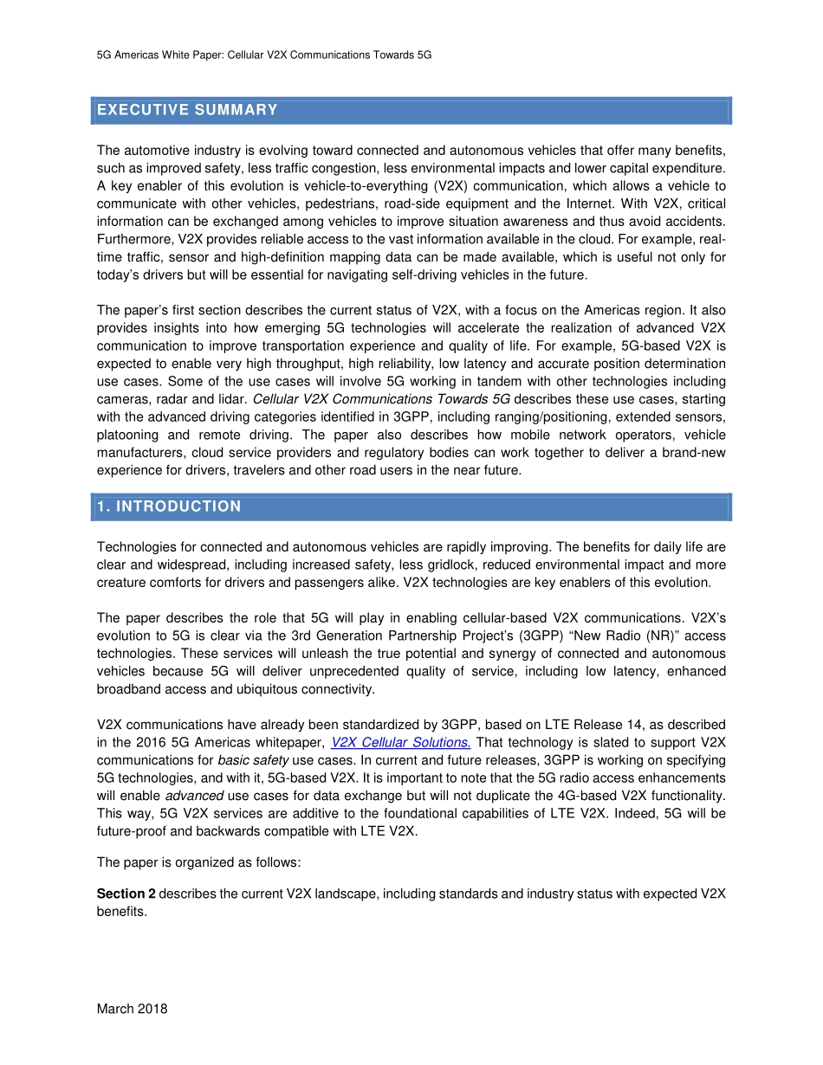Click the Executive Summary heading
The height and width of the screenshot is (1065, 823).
point(187,110)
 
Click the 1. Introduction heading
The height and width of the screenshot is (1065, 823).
point(169,507)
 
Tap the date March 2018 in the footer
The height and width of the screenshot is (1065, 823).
point(132,1009)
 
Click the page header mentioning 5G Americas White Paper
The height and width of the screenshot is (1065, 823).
point(264,55)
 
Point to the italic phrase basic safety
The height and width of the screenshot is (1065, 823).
point(241,760)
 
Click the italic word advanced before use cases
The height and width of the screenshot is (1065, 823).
point(194,796)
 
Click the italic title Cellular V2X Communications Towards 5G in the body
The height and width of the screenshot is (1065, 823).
point(380,399)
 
